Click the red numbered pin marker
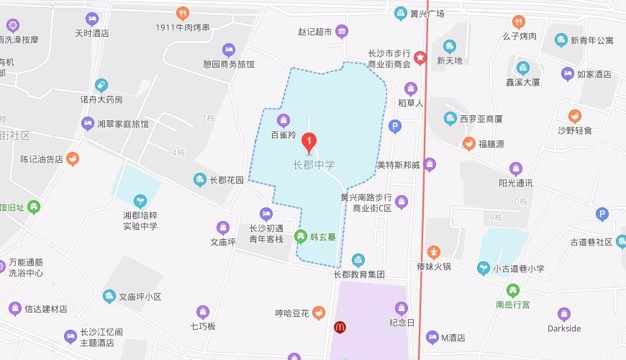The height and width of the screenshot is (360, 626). click(x=309, y=142)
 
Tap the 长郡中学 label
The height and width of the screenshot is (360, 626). click(x=314, y=165)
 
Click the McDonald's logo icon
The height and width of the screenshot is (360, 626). click(x=340, y=327)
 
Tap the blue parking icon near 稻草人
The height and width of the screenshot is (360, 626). click(x=394, y=126)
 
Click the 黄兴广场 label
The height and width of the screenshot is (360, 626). click(x=427, y=14)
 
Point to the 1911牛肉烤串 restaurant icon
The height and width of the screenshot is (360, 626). click(x=183, y=13)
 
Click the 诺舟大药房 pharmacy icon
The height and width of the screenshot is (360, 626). click(x=101, y=85)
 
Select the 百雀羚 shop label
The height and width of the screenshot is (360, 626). click(x=283, y=134)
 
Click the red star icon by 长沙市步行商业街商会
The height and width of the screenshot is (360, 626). click(x=420, y=58)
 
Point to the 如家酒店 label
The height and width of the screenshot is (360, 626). click(x=594, y=73)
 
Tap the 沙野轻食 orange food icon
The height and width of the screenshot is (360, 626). click(x=574, y=116)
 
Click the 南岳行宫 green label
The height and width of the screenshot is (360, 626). click(x=512, y=305)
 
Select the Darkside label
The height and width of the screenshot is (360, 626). click(x=563, y=328)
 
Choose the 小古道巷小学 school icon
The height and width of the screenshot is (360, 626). click(x=484, y=269)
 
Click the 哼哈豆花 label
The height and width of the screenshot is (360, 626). click(x=292, y=313)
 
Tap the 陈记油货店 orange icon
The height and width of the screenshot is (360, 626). click(x=73, y=159)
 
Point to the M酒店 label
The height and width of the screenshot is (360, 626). click(x=453, y=337)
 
